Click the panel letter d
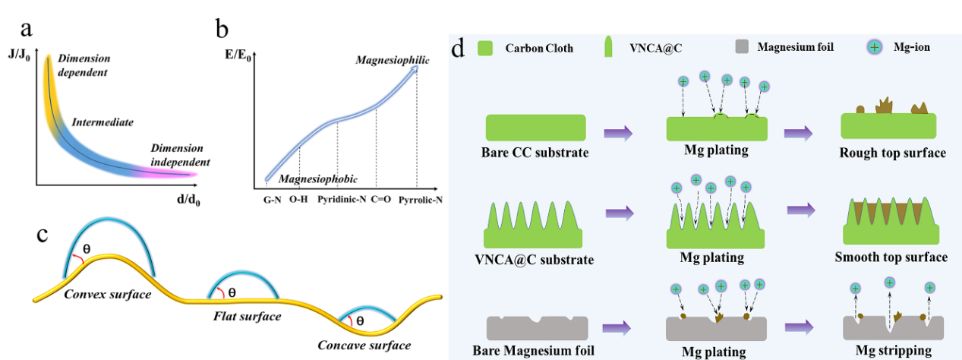[457, 49]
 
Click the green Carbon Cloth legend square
[486, 48]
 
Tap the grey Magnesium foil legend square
[744, 47]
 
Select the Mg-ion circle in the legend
[875, 47]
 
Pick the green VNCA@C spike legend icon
[607, 48]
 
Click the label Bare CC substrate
[535, 153]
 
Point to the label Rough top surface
[892, 153]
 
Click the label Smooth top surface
[891, 257]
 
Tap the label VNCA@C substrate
[534, 260]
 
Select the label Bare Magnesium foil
[533, 351]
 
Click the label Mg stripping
[893, 350]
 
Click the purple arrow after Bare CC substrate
[618, 134]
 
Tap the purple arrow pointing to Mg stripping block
[798, 327]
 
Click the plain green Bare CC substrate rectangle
[535, 127]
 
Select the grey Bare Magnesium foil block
[536, 328]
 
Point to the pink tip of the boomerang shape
[186, 175]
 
